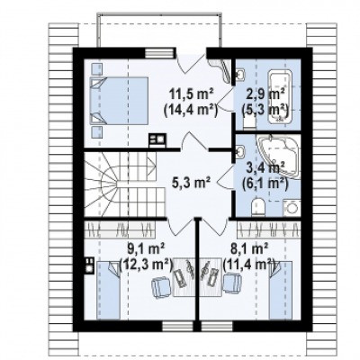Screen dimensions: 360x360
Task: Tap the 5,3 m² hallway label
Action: click(x=191, y=182)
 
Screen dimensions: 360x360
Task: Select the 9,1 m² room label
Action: click(x=146, y=249)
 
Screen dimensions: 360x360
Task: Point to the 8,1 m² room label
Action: click(x=249, y=249)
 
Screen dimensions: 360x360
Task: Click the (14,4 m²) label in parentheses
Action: click(x=191, y=111)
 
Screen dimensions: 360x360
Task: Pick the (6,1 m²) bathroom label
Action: click(x=265, y=183)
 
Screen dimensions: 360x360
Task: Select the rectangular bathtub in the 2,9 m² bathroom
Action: click(x=281, y=96)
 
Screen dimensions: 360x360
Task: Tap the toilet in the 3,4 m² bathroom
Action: click(x=258, y=208)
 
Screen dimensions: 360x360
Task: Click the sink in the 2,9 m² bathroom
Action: click(x=240, y=74)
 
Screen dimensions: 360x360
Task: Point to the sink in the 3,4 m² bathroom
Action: click(x=240, y=151)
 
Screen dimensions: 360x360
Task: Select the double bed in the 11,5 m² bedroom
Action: click(x=119, y=101)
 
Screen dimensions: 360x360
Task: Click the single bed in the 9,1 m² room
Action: click(x=108, y=290)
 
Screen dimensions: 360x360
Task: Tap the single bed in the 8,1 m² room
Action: click(x=281, y=290)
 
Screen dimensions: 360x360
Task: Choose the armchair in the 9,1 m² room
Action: click(x=162, y=287)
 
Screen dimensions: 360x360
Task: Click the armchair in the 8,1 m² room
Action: click(x=232, y=283)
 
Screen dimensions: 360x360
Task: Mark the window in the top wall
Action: click(x=159, y=53)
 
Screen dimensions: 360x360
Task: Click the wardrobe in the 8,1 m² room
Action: click(x=268, y=229)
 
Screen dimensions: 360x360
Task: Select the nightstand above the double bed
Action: click(x=96, y=68)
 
